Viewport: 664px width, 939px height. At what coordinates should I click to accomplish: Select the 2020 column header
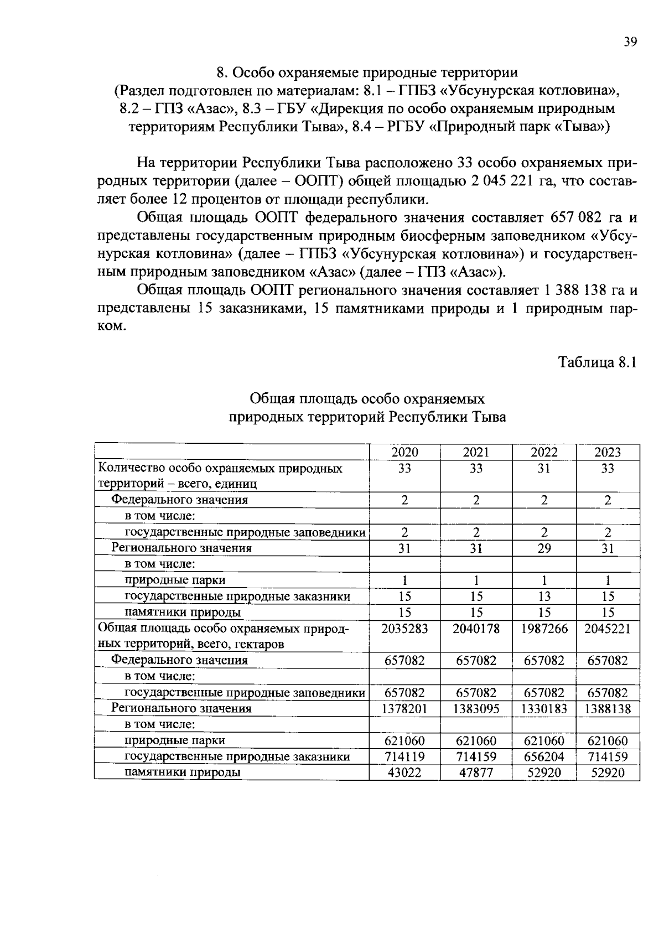[404, 452]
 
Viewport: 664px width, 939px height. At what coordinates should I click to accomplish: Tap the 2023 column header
[607, 452]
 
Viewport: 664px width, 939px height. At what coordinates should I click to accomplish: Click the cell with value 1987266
[544, 629]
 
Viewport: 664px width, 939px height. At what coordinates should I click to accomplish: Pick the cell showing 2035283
[404, 629]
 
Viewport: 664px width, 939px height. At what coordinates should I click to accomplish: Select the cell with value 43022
[404, 773]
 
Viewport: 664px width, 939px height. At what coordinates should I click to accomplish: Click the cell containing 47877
[476, 773]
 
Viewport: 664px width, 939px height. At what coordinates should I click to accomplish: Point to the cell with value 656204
[544, 757]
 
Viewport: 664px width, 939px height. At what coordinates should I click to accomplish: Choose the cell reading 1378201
[404, 709]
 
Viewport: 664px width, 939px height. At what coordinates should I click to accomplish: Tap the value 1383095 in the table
[476, 709]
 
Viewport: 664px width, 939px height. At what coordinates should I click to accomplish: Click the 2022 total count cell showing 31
[544, 469]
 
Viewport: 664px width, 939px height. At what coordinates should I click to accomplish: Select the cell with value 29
[544, 548]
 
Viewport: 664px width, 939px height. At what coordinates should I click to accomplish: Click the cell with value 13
[544, 596]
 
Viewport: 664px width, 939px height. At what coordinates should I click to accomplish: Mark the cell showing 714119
[404, 757]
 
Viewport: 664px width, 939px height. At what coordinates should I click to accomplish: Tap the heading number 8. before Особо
[222, 72]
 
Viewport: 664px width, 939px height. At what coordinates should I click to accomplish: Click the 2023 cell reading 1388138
[607, 709]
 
